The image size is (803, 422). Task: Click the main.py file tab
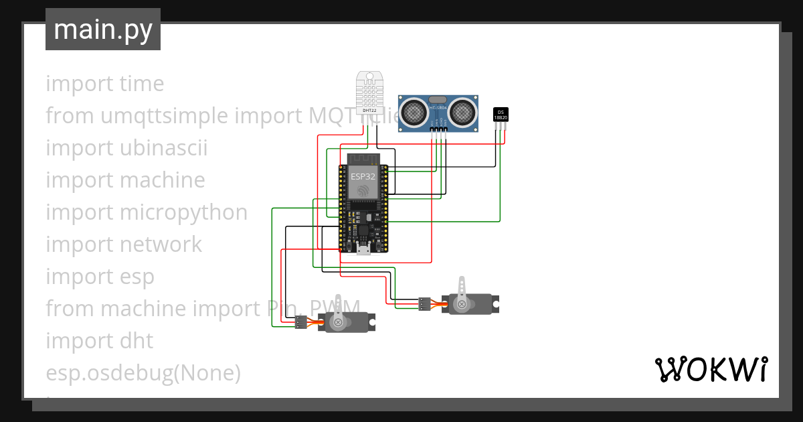pos(102,29)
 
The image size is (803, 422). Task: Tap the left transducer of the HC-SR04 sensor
pos(414,112)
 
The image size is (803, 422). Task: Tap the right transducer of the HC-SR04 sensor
pos(462,112)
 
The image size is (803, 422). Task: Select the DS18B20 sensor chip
pos(500,115)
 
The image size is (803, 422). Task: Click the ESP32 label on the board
pos(363,177)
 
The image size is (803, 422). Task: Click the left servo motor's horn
pos(339,313)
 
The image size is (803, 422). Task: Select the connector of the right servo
pos(424,304)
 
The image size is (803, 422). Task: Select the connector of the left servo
pos(300,323)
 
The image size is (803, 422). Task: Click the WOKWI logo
pos(711,369)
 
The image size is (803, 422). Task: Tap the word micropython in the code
pos(183,212)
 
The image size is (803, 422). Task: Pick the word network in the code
pos(161,244)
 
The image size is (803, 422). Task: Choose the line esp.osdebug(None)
pos(143,372)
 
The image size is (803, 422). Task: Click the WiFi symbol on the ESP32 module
pos(363,191)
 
